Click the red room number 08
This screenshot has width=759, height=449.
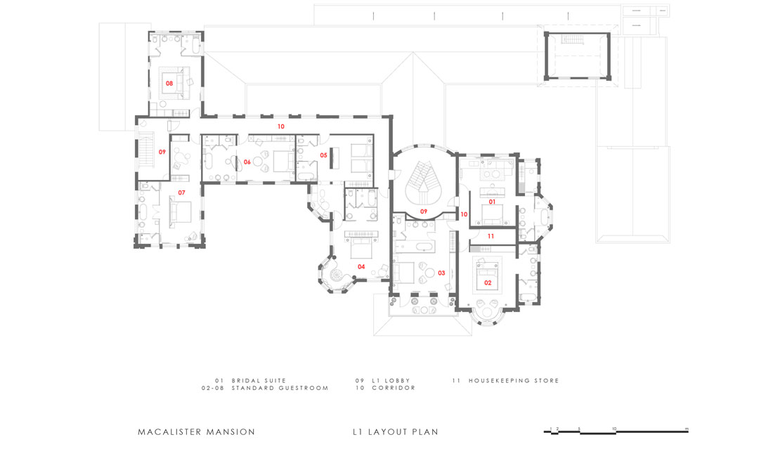click(x=169, y=84)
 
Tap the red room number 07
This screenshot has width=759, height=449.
click(x=181, y=193)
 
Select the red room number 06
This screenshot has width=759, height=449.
click(x=247, y=162)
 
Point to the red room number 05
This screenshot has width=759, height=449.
click(x=324, y=155)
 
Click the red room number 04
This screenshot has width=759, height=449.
click(x=361, y=266)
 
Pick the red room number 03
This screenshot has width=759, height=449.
click(x=441, y=273)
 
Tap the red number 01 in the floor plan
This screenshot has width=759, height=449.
click(x=492, y=202)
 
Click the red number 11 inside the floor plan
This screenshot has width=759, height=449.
click(x=491, y=236)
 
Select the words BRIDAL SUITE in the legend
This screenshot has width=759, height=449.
click(x=259, y=381)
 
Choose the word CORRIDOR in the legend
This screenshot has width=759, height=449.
click(x=394, y=388)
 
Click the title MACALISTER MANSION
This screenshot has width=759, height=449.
click(x=197, y=432)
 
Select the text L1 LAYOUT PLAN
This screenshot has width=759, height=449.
click(x=396, y=432)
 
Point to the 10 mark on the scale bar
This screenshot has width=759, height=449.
click(x=614, y=428)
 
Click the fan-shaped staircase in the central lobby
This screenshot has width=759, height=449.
click(x=424, y=179)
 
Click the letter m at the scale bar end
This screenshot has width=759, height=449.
click(x=686, y=428)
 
